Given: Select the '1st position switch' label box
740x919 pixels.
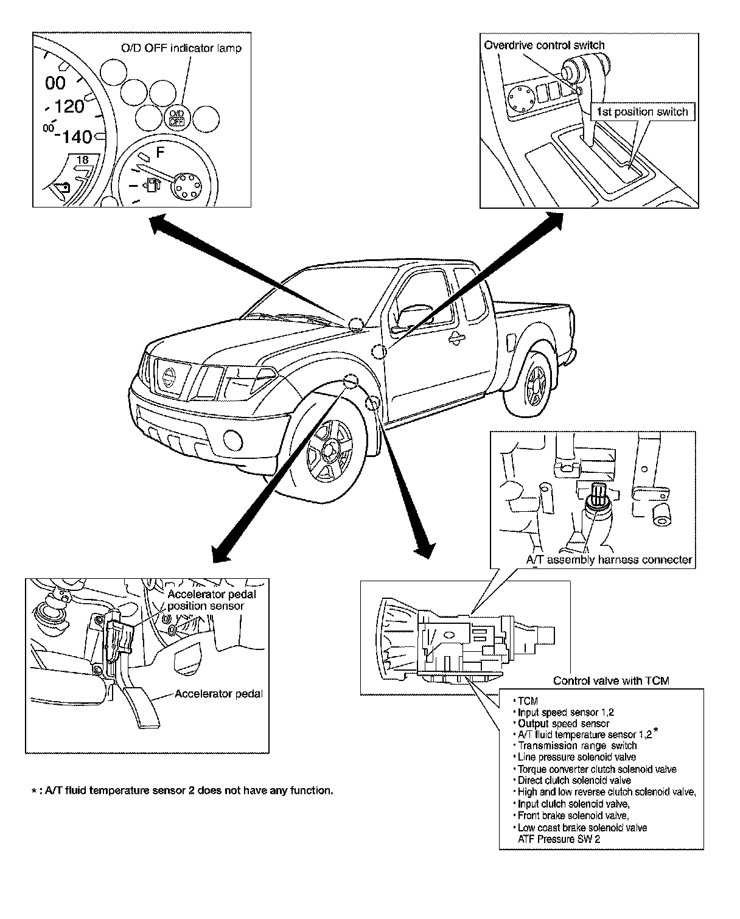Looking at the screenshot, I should coord(642,112).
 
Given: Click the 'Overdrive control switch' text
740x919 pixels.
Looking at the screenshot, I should coord(544,45).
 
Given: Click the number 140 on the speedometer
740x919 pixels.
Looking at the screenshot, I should coord(72,136).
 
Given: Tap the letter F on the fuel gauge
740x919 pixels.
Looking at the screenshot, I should coord(161,150).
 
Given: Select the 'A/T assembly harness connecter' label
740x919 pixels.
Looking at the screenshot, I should coord(609,560).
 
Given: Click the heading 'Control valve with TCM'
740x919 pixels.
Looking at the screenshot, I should coord(611,681).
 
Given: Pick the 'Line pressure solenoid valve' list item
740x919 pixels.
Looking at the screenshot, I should coord(576,757).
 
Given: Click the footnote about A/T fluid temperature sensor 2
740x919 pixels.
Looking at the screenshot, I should coord(183,791).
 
